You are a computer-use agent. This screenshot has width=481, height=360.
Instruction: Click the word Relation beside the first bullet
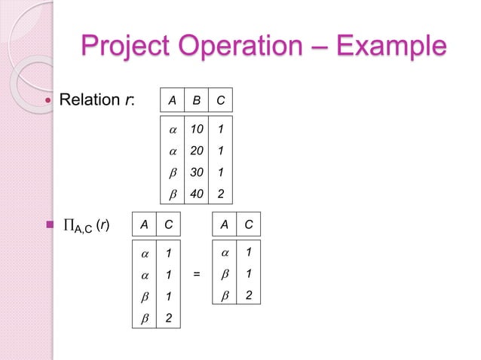click(90, 100)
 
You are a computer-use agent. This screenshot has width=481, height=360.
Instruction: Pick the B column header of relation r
click(196, 100)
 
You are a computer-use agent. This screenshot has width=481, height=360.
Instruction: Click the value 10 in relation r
click(196, 130)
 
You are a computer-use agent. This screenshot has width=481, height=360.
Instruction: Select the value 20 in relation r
click(196, 151)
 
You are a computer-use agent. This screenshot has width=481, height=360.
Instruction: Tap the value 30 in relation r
click(196, 172)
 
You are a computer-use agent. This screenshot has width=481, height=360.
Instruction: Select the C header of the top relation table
click(219, 100)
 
